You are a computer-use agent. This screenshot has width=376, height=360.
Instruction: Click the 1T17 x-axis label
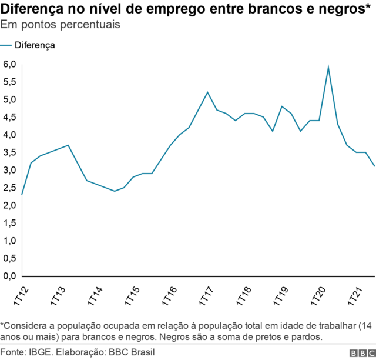(x=207, y=294)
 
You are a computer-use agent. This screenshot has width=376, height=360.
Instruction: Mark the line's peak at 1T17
(x=207, y=92)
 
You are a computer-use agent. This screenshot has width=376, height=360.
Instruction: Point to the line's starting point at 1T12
(x=22, y=194)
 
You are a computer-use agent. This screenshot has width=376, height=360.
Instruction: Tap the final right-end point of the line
(x=374, y=166)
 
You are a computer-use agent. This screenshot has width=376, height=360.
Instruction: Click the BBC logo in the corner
(x=361, y=352)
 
